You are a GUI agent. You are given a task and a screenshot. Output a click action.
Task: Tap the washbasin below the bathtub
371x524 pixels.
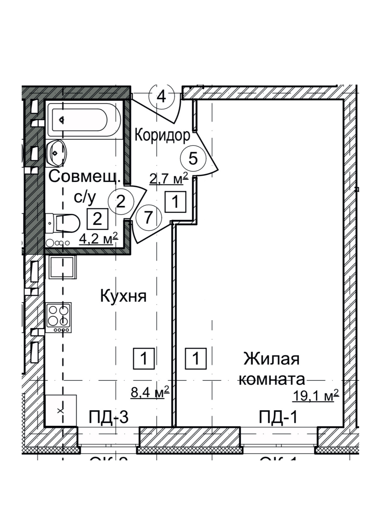[x=56, y=153]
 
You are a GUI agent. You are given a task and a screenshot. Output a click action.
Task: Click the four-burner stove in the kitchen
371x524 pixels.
[x=59, y=317]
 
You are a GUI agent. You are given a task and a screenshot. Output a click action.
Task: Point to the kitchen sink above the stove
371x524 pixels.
[x=62, y=268]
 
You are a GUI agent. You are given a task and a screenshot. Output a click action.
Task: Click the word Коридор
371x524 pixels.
[x=162, y=135]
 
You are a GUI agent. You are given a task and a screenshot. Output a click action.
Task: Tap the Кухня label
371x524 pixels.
[x=123, y=296]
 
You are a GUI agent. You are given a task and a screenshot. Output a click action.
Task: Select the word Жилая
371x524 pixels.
[x=272, y=359]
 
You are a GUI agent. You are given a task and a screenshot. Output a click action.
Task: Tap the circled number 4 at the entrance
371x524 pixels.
[x=161, y=97]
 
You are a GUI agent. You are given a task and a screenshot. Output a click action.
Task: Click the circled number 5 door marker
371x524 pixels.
[x=193, y=158]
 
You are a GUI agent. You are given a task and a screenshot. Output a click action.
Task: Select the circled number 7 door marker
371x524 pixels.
[x=148, y=217]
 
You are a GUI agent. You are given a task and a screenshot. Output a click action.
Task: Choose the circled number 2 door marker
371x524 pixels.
[x=121, y=202]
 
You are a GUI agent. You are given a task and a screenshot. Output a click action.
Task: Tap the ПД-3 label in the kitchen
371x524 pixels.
[x=108, y=417]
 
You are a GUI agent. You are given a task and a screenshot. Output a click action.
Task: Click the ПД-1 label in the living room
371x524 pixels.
[x=278, y=417]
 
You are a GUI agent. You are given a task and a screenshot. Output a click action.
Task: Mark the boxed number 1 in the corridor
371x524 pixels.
[x=175, y=202]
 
